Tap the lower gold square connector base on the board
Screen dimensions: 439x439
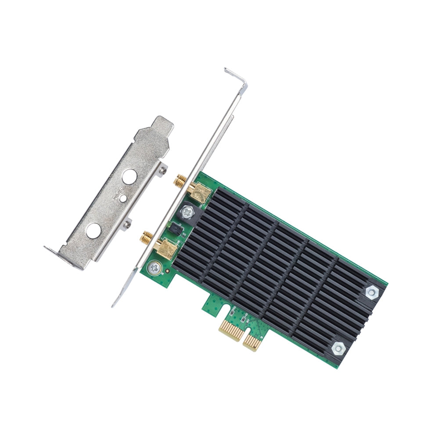(168, 249)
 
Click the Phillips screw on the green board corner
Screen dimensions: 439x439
(154, 267)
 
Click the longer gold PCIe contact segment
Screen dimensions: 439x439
(231, 329)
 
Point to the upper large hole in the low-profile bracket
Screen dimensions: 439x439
(129, 177)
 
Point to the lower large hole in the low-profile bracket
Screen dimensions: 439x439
(93, 230)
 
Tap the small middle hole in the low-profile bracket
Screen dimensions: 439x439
(124, 199)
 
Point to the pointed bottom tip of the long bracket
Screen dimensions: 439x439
(115, 303)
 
